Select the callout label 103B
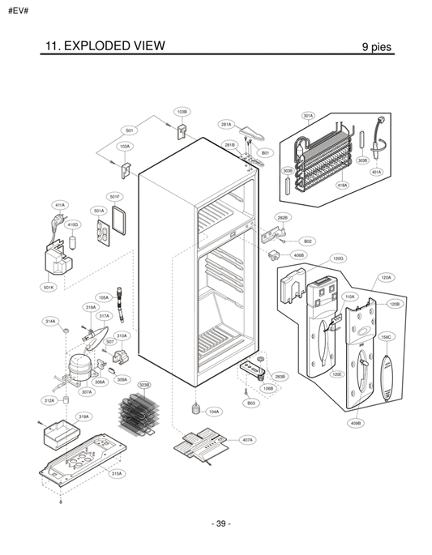tap(182, 111)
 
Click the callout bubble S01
tap(129, 130)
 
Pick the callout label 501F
tap(115, 196)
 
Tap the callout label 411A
tap(59, 205)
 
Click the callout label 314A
tap(51, 322)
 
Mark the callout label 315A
tap(117, 473)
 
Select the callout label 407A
tap(247, 439)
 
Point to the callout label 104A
tap(213, 412)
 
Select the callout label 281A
tap(226, 125)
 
